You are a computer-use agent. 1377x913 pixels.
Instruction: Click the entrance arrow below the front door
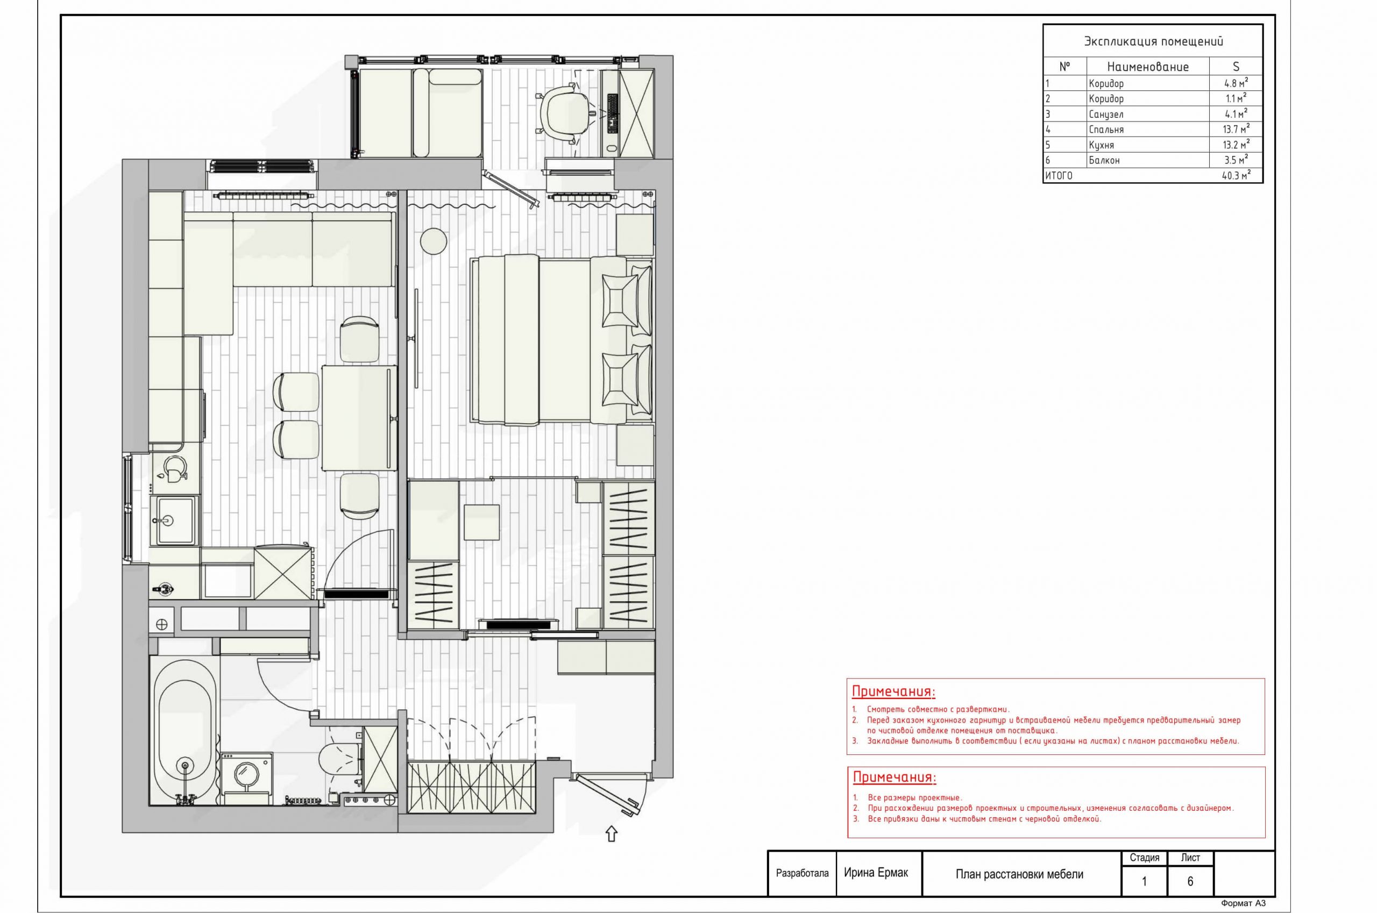tap(611, 834)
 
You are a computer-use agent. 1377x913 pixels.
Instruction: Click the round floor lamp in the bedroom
tap(434, 240)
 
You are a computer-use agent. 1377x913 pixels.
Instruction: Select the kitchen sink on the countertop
tap(173, 519)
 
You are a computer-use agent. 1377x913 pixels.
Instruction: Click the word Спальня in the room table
tap(1106, 129)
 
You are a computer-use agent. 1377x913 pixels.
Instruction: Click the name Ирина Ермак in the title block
tap(876, 872)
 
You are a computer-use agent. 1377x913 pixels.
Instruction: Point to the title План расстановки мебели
tap(1020, 874)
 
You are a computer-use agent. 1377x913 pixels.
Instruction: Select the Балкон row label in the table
tap(1104, 160)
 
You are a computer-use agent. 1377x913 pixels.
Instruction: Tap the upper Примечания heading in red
tap(893, 691)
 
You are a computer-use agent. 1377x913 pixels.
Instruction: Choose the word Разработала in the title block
tap(802, 873)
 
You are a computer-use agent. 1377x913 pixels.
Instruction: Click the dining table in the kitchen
tap(359, 417)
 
